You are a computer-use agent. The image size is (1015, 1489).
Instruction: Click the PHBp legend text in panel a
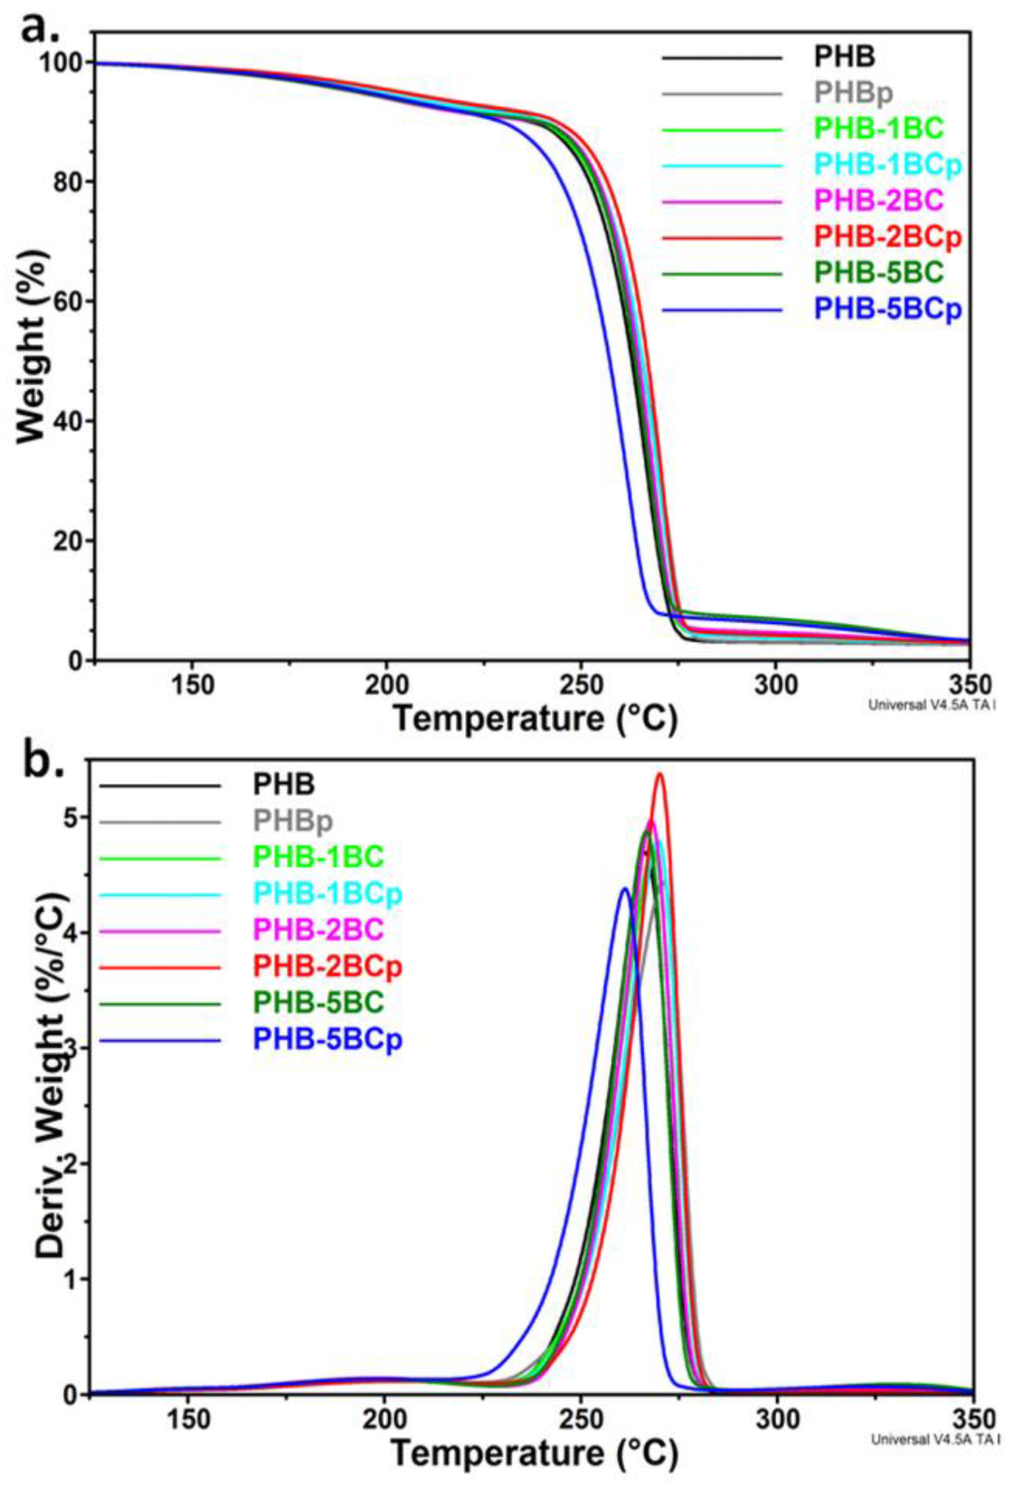coord(853,94)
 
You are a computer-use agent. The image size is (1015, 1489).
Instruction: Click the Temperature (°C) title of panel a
coord(535,719)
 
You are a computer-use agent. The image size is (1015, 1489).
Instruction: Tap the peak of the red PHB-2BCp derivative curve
coord(659,774)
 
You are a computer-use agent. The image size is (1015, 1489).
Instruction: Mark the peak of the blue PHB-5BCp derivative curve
coord(625,888)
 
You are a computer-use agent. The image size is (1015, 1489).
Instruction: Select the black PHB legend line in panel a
coord(722,58)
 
